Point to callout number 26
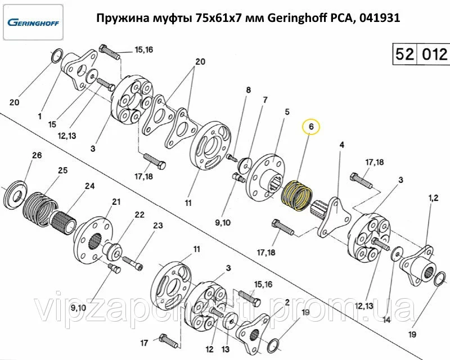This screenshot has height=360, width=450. click(37, 155)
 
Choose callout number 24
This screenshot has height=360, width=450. click(89, 185)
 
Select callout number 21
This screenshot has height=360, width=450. click(116, 201)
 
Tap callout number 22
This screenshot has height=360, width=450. click(139, 214)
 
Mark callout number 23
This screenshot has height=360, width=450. click(158, 226)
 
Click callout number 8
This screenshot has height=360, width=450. click(247, 89)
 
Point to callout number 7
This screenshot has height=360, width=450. click(264, 100)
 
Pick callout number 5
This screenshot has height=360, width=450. click(286, 112)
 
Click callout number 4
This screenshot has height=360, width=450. click(341, 145)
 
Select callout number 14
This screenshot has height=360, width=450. click(386, 320)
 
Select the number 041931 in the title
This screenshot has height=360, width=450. click(380, 17)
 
